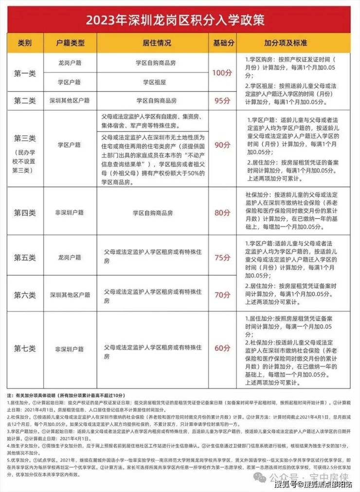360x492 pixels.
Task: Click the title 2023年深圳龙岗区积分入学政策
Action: [180, 20]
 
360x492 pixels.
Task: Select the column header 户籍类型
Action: [70, 43]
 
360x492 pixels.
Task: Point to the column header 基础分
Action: [222, 43]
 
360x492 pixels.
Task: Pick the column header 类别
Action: [25, 43]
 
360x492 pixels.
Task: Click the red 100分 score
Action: [222, 73]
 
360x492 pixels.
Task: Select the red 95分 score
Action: [222, 100]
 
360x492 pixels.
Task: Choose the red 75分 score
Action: [222, 257]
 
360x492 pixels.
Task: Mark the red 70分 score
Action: [222, 295]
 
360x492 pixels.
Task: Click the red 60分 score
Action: [222, 348]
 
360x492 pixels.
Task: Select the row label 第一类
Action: [25, 73]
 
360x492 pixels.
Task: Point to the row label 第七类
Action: [25, 348]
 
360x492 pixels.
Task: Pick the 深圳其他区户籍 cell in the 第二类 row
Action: [70, 100]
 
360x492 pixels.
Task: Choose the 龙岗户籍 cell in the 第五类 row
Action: [70, 257]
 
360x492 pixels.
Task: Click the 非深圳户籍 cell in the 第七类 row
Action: [70, 348]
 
